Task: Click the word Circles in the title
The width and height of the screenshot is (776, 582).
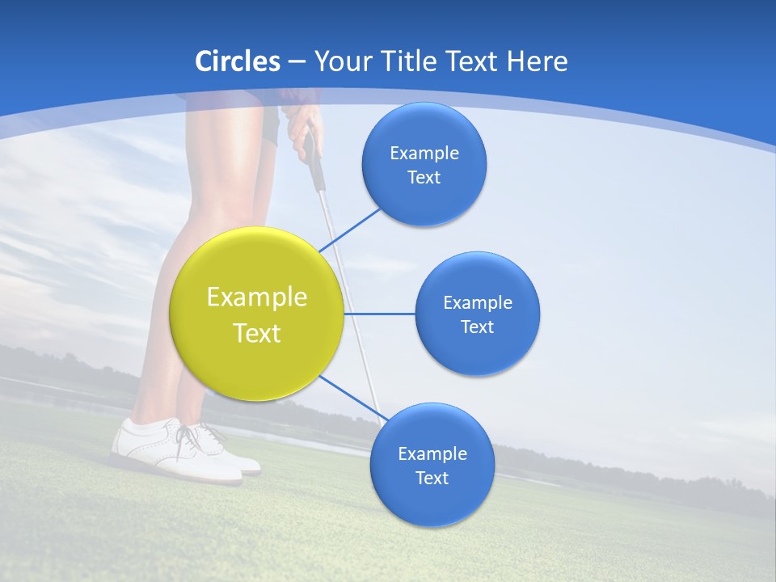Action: coord(238,61)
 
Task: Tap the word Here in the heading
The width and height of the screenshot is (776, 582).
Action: coord(537,61)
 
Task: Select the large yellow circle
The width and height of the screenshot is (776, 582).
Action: coord(256,314)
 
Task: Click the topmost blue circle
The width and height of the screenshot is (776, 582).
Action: coord(424,164)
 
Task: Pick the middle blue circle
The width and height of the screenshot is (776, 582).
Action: coord(477,314)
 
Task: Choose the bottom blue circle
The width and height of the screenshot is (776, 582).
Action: coord(432,465)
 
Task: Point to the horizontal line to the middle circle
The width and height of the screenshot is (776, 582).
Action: coord(379,314)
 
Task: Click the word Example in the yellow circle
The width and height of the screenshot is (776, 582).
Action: coord(256,297)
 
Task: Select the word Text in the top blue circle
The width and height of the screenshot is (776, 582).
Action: coord(424,177)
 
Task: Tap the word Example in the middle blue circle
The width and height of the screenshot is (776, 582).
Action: coord(477,302)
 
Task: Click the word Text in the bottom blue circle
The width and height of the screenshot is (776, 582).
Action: coord(432,478)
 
